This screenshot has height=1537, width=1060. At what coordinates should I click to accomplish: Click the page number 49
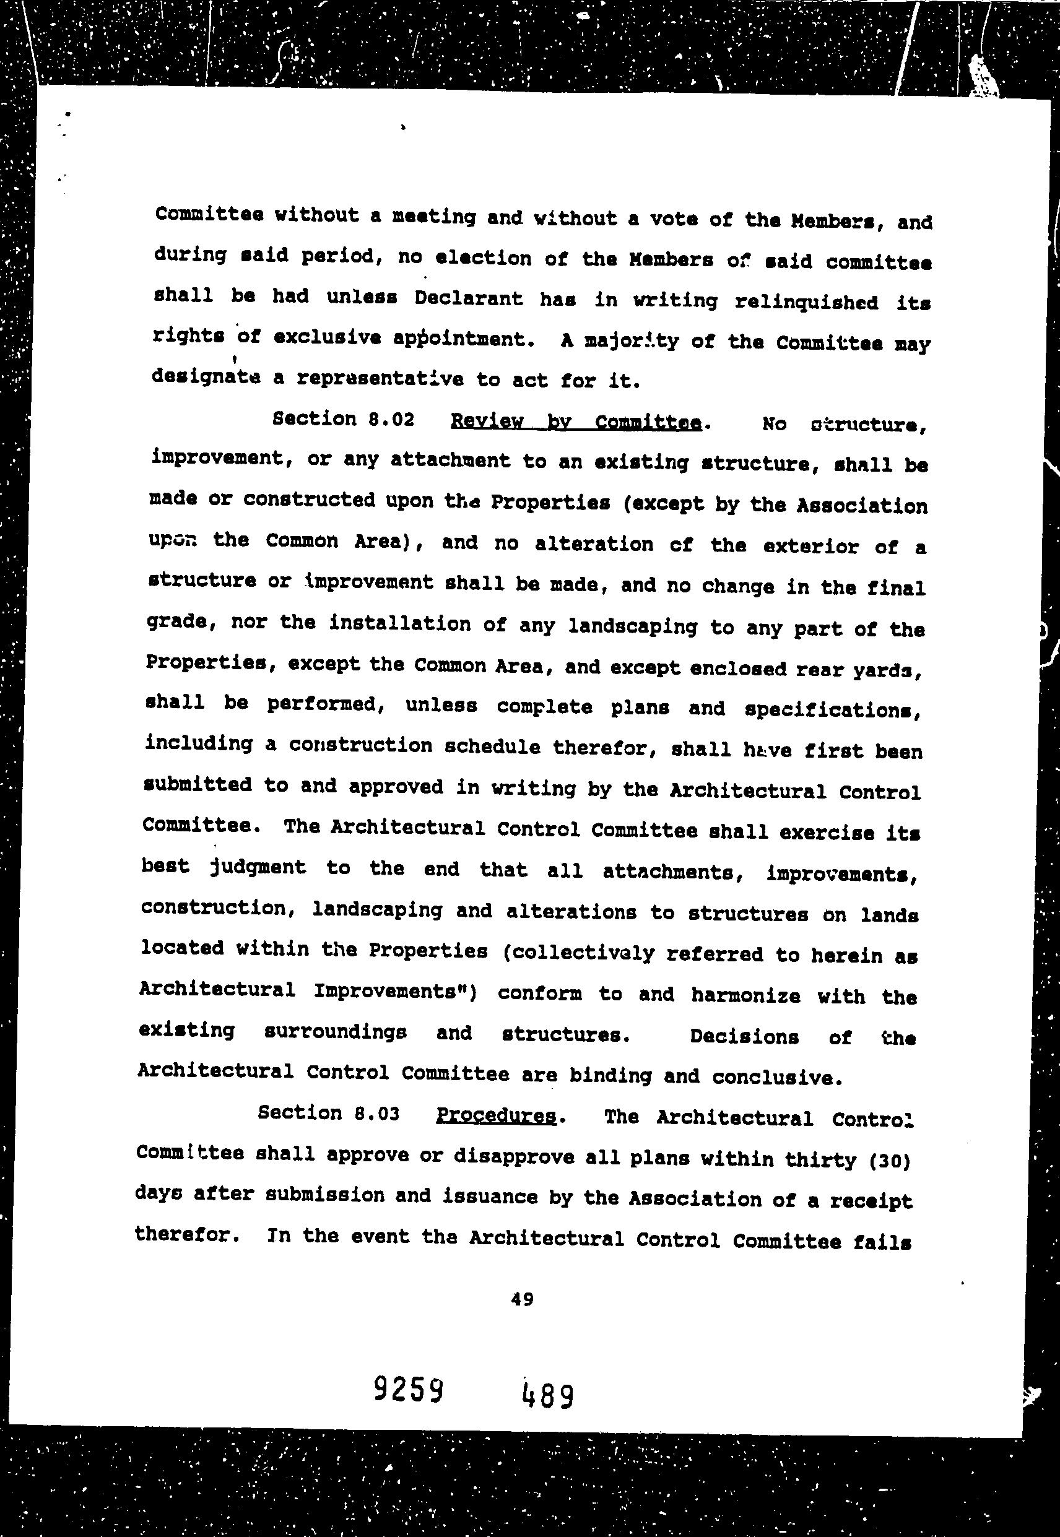pyautogui.click(x=522, y=1299)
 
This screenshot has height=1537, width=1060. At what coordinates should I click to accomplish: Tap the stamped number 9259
pyautogui.click(x=409, y=1389)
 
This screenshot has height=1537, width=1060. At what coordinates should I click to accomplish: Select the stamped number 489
pyautogui.click(x=548, y=1395)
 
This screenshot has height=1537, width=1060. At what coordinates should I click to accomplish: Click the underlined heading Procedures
pyautogui.click(x=496, y=1115)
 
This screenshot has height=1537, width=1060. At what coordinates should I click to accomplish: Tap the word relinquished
pyautogui.click(x=806, y=302)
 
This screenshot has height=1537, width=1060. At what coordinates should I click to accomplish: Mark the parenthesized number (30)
pyautogui.click(x=888, y=1161)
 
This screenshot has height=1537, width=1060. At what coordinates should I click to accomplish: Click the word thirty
pyautogui.click(x=820, y=1160)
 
